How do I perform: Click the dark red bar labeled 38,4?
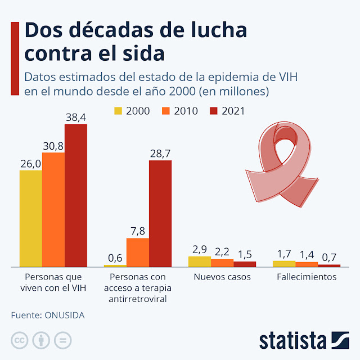pyautogui.click(x=76, y=195)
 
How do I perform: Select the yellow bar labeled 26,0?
pyautogui.click(x=31, y=218)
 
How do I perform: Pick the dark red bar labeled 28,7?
pyautogui.click(x=160, y=213)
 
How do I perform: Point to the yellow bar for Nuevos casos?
pyautogui.click(x=199, y=261)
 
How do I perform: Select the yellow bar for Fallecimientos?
pyautogui.click(x=283, y=263)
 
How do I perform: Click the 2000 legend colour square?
pyautogui.click(x=119, y=111)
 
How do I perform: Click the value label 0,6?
pyautogui.click(x=115, y=258)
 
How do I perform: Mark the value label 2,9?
pyautogui.click(x=200, y=249)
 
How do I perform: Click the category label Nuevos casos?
pyautogui.click(x=222, y=277)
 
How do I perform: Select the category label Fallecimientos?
pyautogui.click(x=307, y=277)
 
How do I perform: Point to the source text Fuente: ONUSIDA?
pyautogui.click(x=48, y=315)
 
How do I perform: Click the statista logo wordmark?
pyautogui.click(x=292, y=340)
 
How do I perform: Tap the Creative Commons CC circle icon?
pyautogui.click(x=20, y=340)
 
